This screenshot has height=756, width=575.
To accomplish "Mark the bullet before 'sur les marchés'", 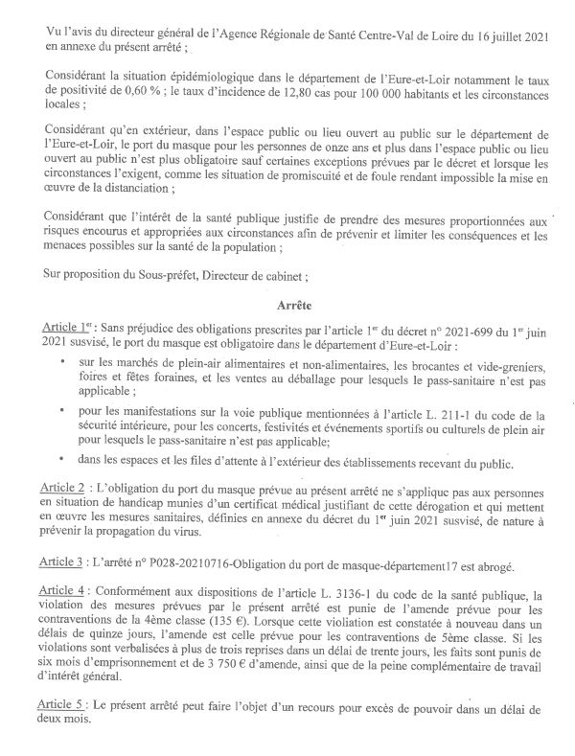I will pos(61,365).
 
